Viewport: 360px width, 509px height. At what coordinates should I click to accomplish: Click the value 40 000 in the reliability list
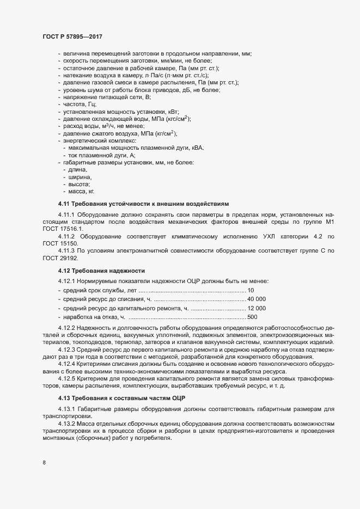pos(257,299)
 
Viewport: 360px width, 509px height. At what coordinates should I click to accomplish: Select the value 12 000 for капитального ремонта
pos(257,308)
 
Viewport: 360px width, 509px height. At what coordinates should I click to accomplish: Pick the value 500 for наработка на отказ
pos(252,317)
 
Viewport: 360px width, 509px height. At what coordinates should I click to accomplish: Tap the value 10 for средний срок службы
pos(251,290)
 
